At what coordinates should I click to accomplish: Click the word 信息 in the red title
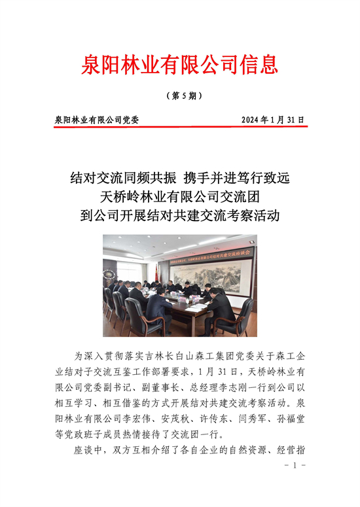click(261, 64)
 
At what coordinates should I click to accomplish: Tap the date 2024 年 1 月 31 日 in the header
click(273, 120)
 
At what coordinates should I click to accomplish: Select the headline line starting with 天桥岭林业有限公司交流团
click(180, 196)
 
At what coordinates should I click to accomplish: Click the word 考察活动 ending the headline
click(257, 215)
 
